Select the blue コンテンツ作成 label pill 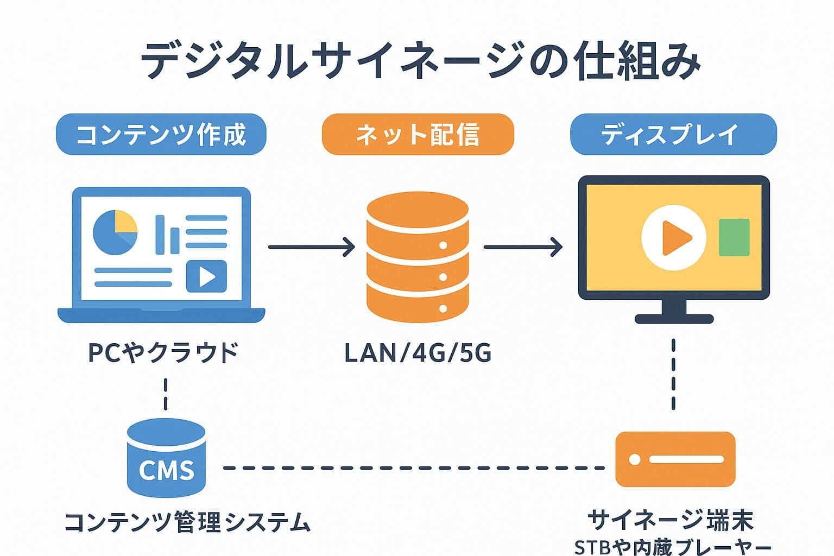click(161, 134)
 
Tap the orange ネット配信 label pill click(418, 134)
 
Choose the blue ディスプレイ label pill click(673, 134)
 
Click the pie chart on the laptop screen click(115, 232)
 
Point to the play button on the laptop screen click(206, 276)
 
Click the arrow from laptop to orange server click(311, 247)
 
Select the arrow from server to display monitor click(523, 247)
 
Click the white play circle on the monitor click(674, 237)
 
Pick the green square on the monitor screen click(734, 237)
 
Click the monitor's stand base click(674, 319)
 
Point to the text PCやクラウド click(163, 352)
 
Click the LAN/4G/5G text click(418, 353)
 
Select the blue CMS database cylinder click(166, 458)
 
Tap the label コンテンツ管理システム click(187, 522)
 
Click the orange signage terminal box click(675, 459)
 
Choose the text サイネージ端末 click(671, 520)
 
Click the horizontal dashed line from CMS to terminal click(413, 467)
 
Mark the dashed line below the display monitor click(673, 375)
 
